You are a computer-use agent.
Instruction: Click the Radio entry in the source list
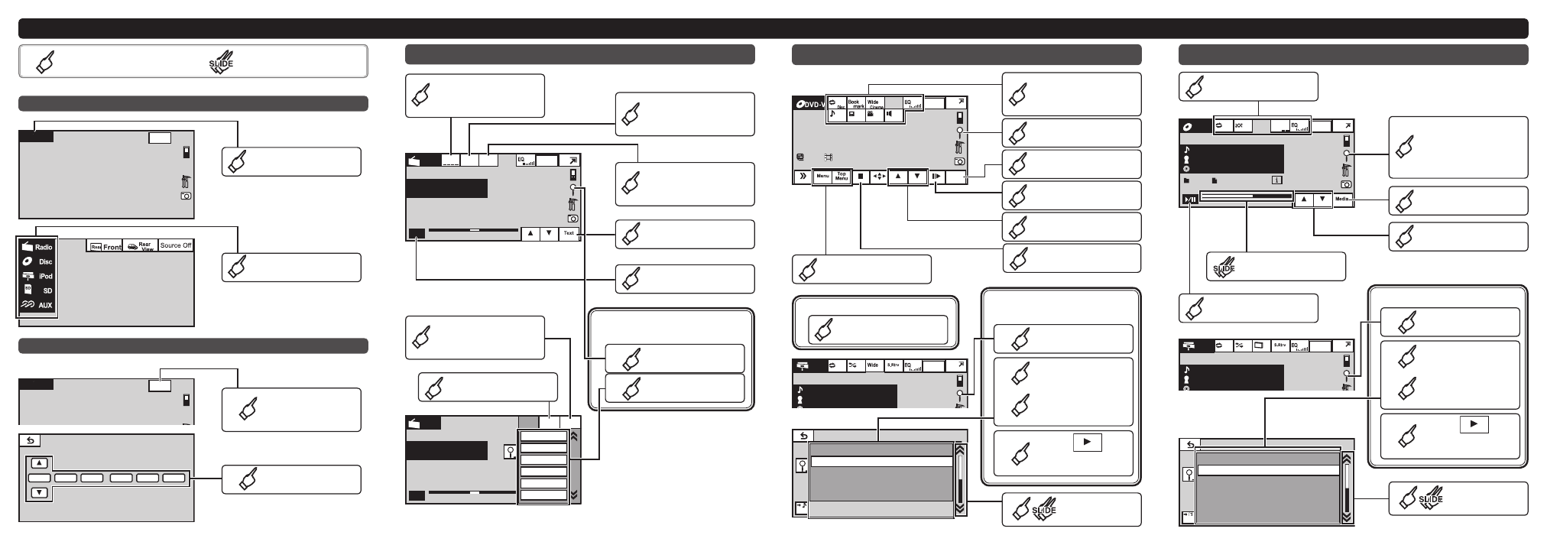(x=37, y=247)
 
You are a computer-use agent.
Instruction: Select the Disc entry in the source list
(x=37, y=261)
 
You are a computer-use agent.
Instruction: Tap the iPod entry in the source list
(x=37, y=276)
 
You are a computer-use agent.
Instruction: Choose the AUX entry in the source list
(x=37, y=305)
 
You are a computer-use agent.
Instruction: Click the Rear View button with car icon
(x=141, y=245)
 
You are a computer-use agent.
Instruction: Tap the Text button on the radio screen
(x=569, y=233)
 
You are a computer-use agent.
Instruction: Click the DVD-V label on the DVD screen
(x=810, y=104)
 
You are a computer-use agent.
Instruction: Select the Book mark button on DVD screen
(x=855, y=103)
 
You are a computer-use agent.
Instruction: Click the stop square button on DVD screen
(x=861, y=177)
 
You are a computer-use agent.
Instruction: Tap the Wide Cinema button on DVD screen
(x=874, y=103)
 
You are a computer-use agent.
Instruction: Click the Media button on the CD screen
(x=1343, y=200)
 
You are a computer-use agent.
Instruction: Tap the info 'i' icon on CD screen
(x=1276, y=181)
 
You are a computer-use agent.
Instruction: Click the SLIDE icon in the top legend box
(x=221, y=63)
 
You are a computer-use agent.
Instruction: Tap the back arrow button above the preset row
(x=30, y=440)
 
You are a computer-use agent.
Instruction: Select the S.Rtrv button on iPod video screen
(x=892, y=365)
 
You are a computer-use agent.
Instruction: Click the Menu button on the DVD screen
(x=822, y=177)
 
